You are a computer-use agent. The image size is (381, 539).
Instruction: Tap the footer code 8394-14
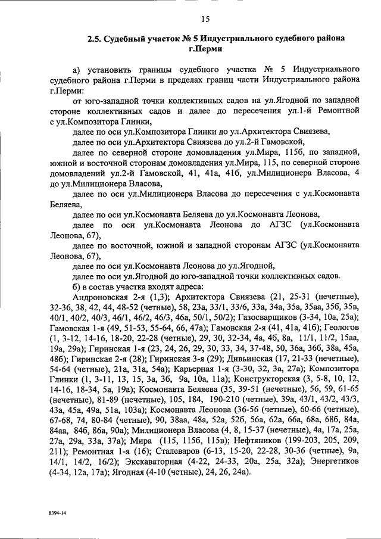(58, 512)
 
